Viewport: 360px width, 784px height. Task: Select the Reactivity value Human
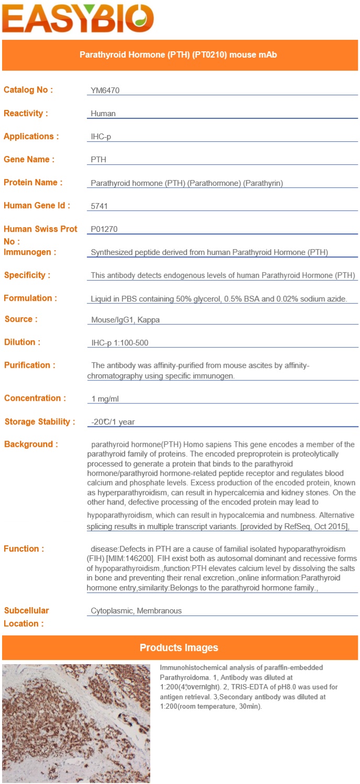tap(103, 114)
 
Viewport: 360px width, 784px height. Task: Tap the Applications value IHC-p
tap(101, 137)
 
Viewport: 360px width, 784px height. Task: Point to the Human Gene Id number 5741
tap(99, 206)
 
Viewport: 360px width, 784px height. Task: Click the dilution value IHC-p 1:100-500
tap(123, 343)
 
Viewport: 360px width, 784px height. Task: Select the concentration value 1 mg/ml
tap(105, 399)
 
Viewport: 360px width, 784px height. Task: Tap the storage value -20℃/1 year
tap(113, 422)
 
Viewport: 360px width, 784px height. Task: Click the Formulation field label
tap(30, 298)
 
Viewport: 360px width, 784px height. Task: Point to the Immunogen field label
tap(30, 252)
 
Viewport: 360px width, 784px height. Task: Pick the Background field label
tap(31, 444)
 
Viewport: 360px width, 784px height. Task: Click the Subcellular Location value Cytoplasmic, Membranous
tap(136, 611)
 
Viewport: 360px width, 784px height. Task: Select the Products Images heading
tap(179, 648)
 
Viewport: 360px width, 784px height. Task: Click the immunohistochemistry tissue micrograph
tap(76, 723)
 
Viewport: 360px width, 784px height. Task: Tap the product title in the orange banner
tap(182, 54)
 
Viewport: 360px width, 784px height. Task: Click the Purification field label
tap(30, 365)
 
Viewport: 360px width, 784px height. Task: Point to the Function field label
tap(24, 549)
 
